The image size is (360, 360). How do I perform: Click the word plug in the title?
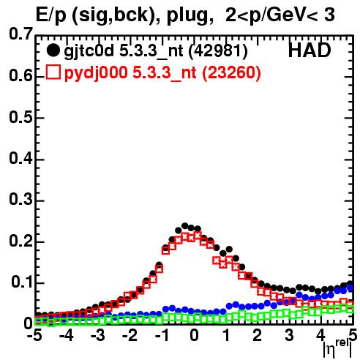coord(187,15)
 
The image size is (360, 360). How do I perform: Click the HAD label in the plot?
coord(310,50)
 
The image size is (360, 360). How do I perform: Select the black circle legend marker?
coord(53,50)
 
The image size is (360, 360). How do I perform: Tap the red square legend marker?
coord(53,72)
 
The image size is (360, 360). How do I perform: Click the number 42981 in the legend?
coord(218,51)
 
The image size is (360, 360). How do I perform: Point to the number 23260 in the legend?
coord(231,72)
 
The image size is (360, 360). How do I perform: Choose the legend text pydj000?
coord(96,73)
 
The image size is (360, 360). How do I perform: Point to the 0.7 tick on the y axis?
coord(20,34)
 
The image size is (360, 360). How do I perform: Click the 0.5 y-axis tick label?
coord(20,117)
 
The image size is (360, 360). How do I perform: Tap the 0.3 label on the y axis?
coord(20,200)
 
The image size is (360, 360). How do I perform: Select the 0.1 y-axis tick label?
coord(21,282)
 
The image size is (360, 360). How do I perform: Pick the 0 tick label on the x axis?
coord(194,335)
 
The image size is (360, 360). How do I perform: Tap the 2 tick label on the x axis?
coord(258,335)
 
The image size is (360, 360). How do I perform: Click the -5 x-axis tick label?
coord(34,335)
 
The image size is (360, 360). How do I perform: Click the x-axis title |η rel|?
coord(337,348)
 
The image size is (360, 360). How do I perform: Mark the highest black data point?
coord(184,226)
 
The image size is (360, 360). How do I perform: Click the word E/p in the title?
coord(51,15)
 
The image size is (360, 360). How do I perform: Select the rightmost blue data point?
coord(350,288)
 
